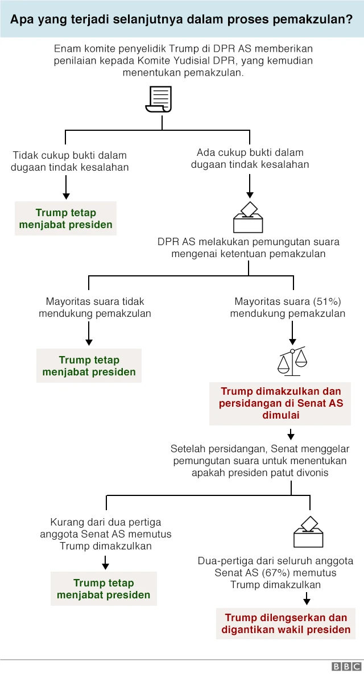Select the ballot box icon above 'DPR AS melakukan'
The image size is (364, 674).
(249, 218)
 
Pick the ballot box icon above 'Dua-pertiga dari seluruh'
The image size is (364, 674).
(308, 532)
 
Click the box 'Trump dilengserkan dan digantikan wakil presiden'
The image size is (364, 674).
(286, 623)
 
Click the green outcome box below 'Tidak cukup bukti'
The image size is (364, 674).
(66, 218)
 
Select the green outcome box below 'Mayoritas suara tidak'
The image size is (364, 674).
(89, 366)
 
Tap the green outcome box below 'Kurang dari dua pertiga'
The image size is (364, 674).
(104, 589)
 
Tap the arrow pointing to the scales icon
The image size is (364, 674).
(292, 333)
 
